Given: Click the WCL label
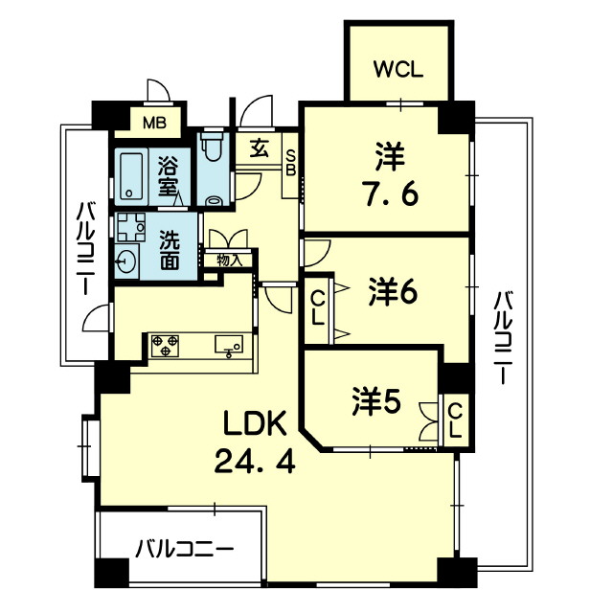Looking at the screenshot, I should (x=397, y=69).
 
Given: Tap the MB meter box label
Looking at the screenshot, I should (x=153, y=123).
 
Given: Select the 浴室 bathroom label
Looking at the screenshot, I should (x=170, y=176).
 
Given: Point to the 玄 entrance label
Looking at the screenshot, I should (x=260, y=148).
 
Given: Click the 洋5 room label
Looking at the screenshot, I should (x=375, y=401).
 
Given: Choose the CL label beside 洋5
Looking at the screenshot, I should (x=456, y=420).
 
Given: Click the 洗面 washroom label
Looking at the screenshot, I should (x=170, y=248).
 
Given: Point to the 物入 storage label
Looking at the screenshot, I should (x=228, y=260).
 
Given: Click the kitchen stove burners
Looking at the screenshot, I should (x=165, y=345).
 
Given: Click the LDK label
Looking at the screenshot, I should (x=253, y=423).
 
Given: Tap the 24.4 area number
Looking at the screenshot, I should (x=254, y=463).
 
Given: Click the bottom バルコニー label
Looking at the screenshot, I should (x=183, y=550).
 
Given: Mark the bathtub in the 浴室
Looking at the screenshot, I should (x=130, y=173).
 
